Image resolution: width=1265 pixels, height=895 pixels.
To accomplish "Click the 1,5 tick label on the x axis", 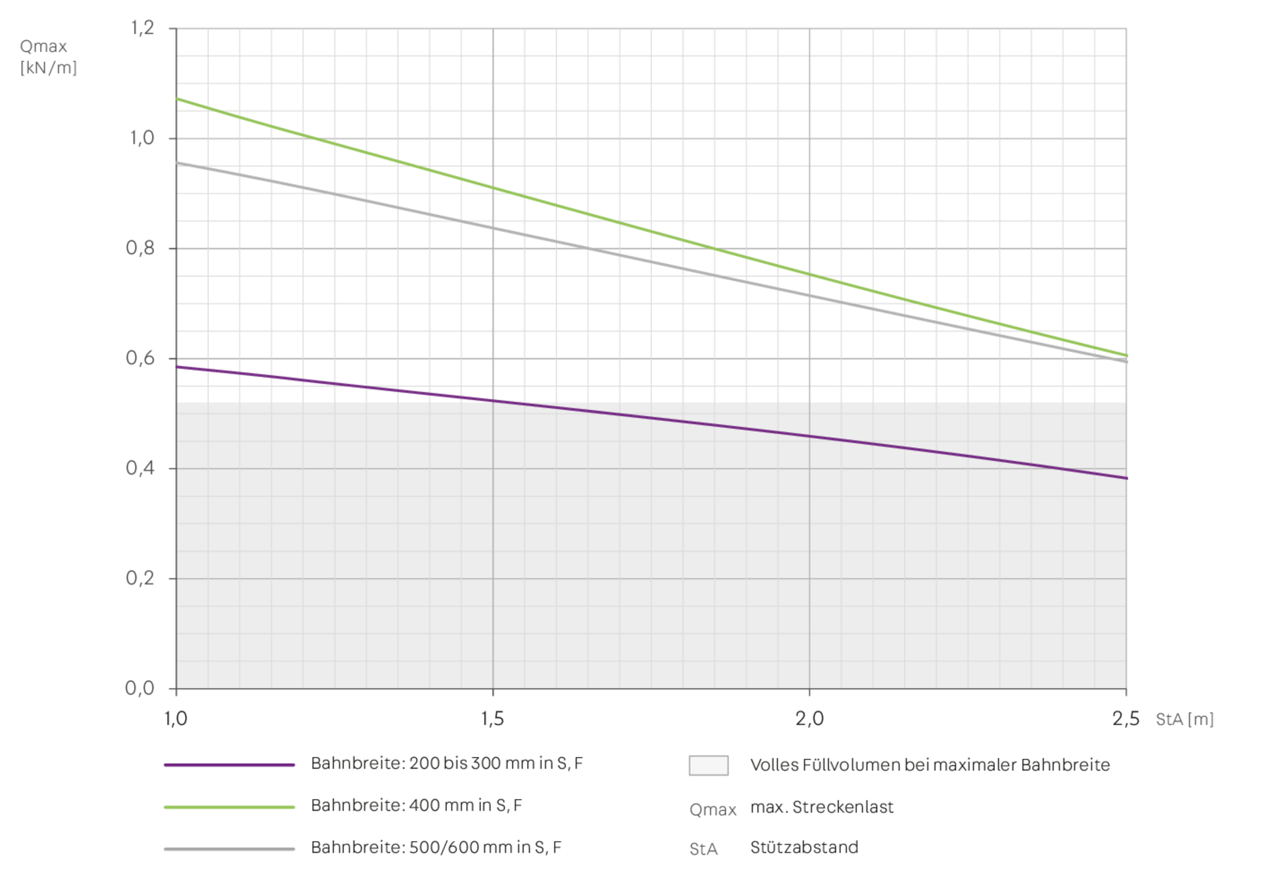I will click(493, 719).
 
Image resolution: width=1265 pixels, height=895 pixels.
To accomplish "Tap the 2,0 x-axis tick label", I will click(809, 719).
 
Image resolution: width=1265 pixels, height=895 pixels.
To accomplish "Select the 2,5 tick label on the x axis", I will click(1125, 719).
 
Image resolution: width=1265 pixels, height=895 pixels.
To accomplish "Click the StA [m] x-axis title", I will click(1184, 719).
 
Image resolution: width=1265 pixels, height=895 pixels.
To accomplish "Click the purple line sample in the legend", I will click(230, 765).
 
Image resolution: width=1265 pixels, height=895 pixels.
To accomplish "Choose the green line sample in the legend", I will click(230, 807).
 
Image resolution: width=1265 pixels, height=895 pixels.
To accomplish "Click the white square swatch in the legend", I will click(709, 766).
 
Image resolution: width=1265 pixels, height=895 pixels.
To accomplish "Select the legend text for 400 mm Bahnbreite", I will click(416, 806).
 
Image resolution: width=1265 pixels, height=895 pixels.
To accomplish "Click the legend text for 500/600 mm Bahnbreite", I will click(436, 848).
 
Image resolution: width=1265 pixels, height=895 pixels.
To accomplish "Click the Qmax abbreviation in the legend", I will click(712, 810).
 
